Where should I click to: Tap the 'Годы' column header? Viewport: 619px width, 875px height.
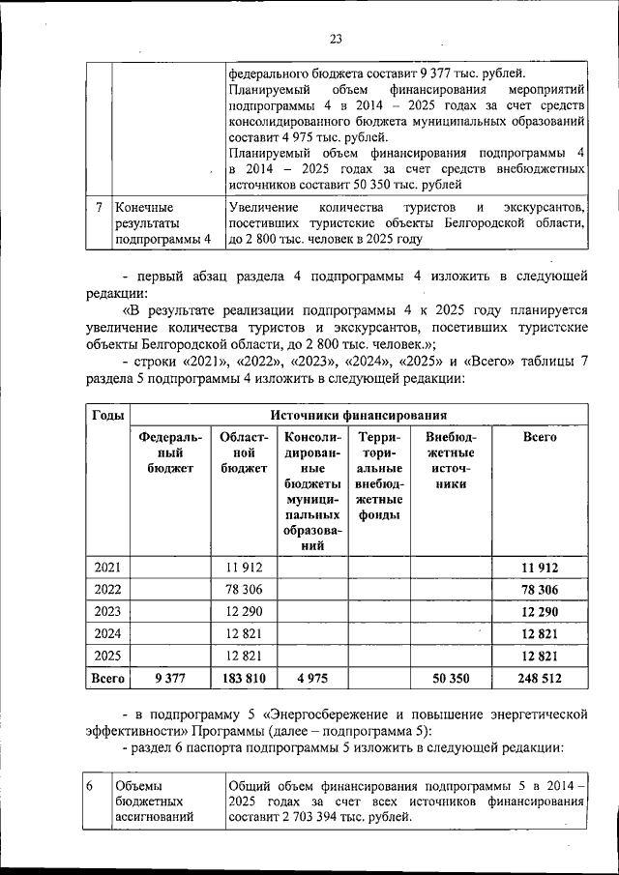106,414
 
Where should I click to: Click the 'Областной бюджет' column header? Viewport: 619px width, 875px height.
243,452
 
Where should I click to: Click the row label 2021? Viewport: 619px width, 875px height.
106,568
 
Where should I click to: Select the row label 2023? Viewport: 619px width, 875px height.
106,612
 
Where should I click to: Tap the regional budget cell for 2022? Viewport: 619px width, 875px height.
245,590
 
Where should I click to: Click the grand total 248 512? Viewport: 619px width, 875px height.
539,679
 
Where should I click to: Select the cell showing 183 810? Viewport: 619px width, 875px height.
245,679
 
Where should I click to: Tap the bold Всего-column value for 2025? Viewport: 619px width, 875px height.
539,656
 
